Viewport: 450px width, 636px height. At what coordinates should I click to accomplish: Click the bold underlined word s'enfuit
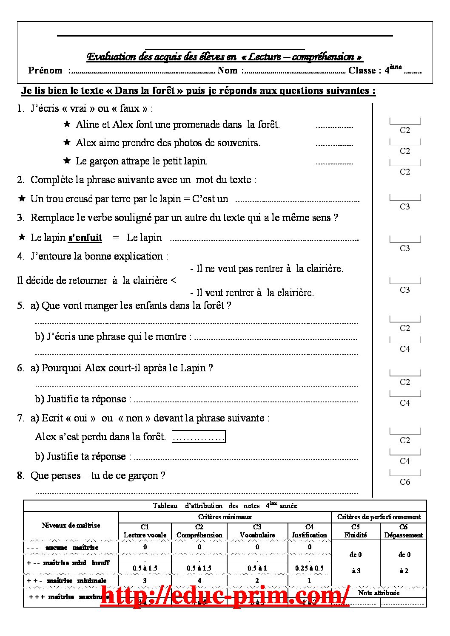85,237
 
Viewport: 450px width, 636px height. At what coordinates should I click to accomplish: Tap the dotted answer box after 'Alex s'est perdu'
199,437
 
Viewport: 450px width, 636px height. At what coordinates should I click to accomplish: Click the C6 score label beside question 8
405,482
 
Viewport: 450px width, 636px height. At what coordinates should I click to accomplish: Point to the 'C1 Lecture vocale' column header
145,531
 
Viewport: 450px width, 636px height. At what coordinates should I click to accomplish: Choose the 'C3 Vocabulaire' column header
257,531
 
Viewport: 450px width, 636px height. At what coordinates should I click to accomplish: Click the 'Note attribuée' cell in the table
379,593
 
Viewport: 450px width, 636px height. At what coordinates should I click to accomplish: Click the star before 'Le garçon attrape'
67,161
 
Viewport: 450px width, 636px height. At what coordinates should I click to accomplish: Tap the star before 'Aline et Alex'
67,124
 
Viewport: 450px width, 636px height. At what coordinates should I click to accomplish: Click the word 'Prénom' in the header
45,71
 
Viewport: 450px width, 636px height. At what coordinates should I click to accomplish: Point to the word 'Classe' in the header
362,71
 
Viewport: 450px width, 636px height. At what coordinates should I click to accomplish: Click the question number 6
20,368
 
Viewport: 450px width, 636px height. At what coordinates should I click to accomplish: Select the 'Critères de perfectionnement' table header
379,517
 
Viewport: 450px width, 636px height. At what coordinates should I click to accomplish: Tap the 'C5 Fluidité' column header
356,531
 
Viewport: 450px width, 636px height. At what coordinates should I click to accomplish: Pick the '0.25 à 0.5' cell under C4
309,568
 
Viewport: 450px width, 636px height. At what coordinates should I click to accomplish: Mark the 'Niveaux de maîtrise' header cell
71,525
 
